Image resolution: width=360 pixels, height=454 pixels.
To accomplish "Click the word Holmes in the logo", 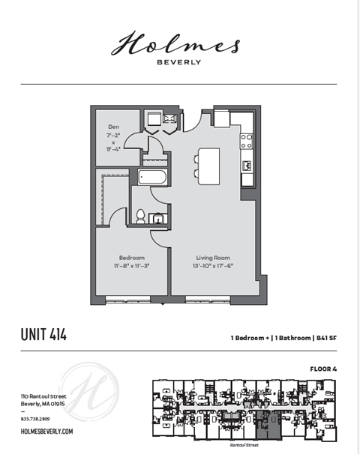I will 175,44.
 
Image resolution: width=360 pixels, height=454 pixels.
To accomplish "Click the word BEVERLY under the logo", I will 178,62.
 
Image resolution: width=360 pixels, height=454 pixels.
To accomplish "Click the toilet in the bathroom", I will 140,217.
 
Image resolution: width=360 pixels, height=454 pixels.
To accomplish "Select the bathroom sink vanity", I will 158,218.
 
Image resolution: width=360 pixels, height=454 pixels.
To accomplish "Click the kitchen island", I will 208,163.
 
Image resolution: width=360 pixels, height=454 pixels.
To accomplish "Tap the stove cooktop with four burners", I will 246,141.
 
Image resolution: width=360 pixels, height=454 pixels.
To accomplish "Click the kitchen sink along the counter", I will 246,165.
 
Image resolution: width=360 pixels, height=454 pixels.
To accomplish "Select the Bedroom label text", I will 131,257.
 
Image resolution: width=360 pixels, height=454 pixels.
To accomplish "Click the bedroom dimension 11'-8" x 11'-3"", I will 131,265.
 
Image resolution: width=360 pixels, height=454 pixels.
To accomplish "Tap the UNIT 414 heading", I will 43,335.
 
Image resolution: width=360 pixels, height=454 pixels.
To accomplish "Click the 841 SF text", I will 325,339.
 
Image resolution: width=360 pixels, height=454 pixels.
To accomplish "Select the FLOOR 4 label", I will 323,369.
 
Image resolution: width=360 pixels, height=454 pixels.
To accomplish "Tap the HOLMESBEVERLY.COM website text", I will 46,432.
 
